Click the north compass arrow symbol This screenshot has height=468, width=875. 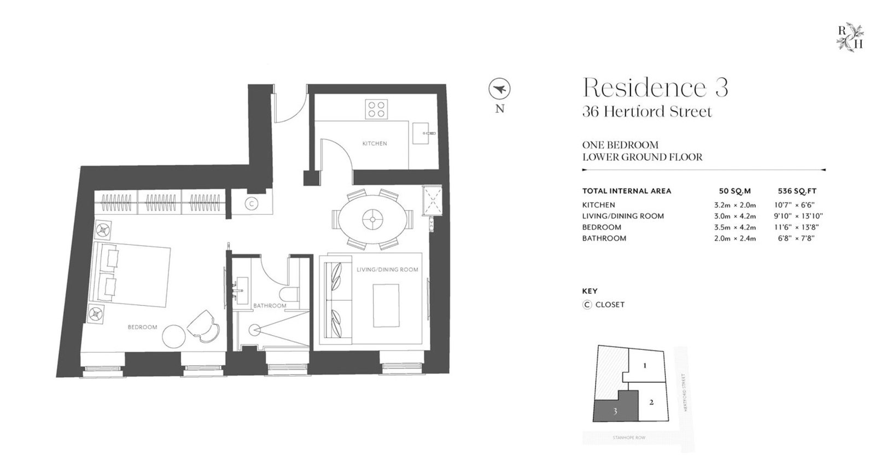pyautogui.click(x=499, y=89)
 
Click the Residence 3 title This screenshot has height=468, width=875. pyautogui.click(x=655, y=87)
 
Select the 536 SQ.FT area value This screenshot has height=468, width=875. pyautogui.click(x=797, y=191)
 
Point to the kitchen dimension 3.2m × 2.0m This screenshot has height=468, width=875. pyautogui.click(x=735, y=205)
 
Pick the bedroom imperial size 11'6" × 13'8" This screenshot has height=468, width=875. pyautogui.click(x=796, y=227)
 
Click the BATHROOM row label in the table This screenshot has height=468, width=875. pyautogui.click(x=604, y=238)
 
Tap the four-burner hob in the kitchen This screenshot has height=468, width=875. pyautogui.click(x=376, y=109)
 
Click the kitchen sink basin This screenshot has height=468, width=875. pyautogui.click(x=424, y=133)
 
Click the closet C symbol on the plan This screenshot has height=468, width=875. pyautogui.click(x=252, y=203)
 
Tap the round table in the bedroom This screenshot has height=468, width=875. pyautogui.click(x=174, y=336)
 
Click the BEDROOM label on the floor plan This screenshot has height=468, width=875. pyautogui.click(x=142, y=327)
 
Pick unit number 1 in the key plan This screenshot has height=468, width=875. pyautogui.click(x=645, y=366)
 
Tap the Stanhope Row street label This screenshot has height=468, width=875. pyautogui.click(x=629, y=437)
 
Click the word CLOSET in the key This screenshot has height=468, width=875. pyautogui.click(x=610, y=305)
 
